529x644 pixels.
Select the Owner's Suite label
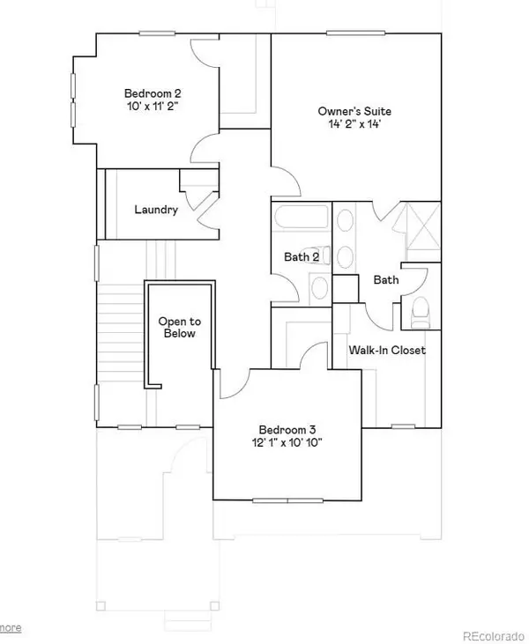(x=354, y=112)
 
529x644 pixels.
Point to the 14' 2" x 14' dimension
(x=354, y=126)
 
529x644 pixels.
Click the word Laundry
(x=156, y=210)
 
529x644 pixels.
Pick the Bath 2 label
(x=302, y=257)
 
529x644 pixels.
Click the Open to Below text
(x=177, y=328)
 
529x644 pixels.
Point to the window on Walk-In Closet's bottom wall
(x=402, y=427)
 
